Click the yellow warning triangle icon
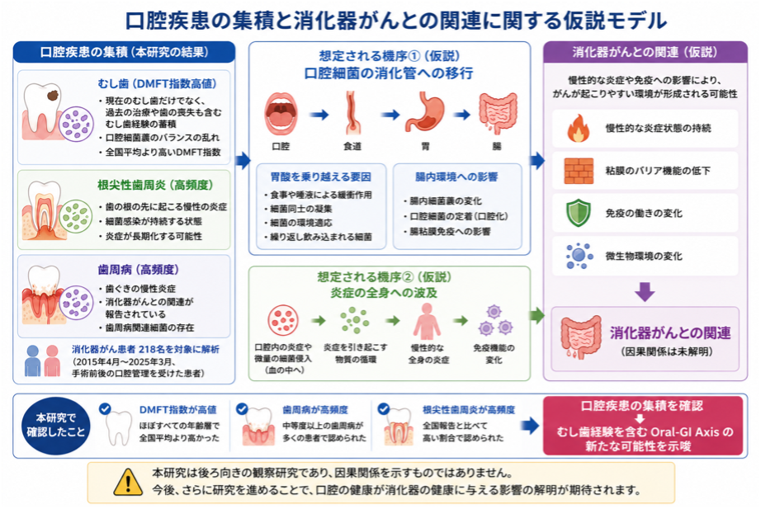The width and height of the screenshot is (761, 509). [128, 483]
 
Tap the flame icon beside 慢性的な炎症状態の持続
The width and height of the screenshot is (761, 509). [578, 128]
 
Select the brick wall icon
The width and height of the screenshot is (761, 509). [579, 171]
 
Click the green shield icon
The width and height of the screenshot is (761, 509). [579, 213]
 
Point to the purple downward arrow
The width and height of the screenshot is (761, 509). [645, 291]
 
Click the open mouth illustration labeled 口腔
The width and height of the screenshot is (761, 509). [281, 114]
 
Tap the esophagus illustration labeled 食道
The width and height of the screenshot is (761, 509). [352, 113]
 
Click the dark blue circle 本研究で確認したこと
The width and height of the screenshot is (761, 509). [56, 426]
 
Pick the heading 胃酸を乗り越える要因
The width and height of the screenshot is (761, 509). [320, 177]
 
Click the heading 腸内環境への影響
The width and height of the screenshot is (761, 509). [456, 177]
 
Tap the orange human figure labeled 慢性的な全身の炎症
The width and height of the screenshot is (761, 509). [427, 321]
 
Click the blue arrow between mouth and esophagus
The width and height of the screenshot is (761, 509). [319, 115]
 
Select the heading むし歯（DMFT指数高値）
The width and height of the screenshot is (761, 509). [158, 84]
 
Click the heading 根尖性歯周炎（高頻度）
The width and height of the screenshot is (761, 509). [155, 185]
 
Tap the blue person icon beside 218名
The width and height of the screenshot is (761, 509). [32, 361]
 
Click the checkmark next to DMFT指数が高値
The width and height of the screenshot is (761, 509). [105, 408]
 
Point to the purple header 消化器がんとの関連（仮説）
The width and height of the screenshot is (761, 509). [645, 53]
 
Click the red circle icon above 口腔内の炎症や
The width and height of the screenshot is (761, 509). [283, 320]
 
